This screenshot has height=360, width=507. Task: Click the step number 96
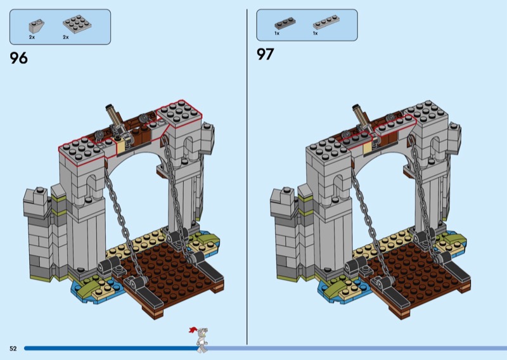click(x=19, y=58)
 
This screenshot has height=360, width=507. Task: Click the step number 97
click(x=265, y=54)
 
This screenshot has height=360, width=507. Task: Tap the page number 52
click(x=13, y=349)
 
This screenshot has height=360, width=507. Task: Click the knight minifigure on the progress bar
click(x=200, y=340)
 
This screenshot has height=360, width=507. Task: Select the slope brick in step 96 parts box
click(x=36, y=25)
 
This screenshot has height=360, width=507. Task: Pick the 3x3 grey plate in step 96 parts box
click(x=77, y=24)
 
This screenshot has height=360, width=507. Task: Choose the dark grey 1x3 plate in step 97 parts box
click(x=285, y=23)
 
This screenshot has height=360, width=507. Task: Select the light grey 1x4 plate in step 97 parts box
click(x=326, y=22)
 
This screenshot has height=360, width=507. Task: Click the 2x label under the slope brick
click(x=32, y=37)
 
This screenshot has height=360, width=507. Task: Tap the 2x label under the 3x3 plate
click(x=66, y=37)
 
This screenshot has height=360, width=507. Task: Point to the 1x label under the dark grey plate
click(x=277, y=33)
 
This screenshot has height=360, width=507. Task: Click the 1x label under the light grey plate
click(x=315, y=33)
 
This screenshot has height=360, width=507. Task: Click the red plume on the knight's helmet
click(x=193, y=330)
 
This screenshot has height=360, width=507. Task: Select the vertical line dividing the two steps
click(x=247, y=177)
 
